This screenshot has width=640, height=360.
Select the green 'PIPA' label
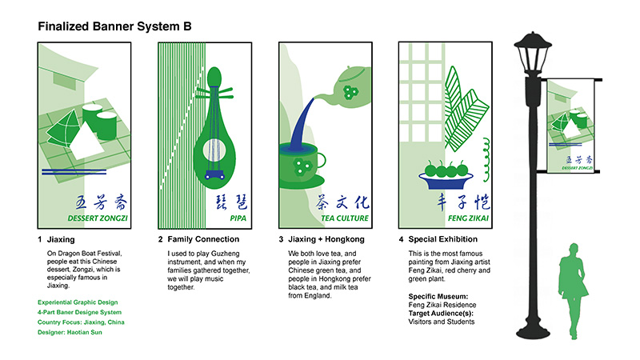point(216,218)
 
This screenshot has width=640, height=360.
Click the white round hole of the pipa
point(215,147)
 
